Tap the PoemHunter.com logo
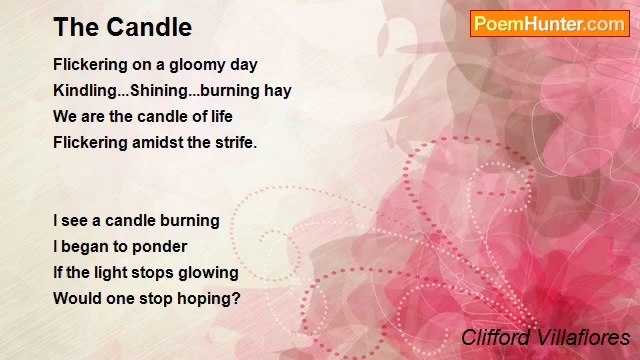[x=549, y=24]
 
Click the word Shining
[x=169, y=90]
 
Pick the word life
[x=219, y=116]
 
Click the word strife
[x=236, y=142]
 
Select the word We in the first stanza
[x=65, y=116]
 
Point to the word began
[x=83, y=246]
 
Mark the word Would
[x=76, y=298]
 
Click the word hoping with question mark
[x=210, y=298]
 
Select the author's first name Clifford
[x=495, y=337]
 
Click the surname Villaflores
[x=581, y=337]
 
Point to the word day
[x=244, y=64]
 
